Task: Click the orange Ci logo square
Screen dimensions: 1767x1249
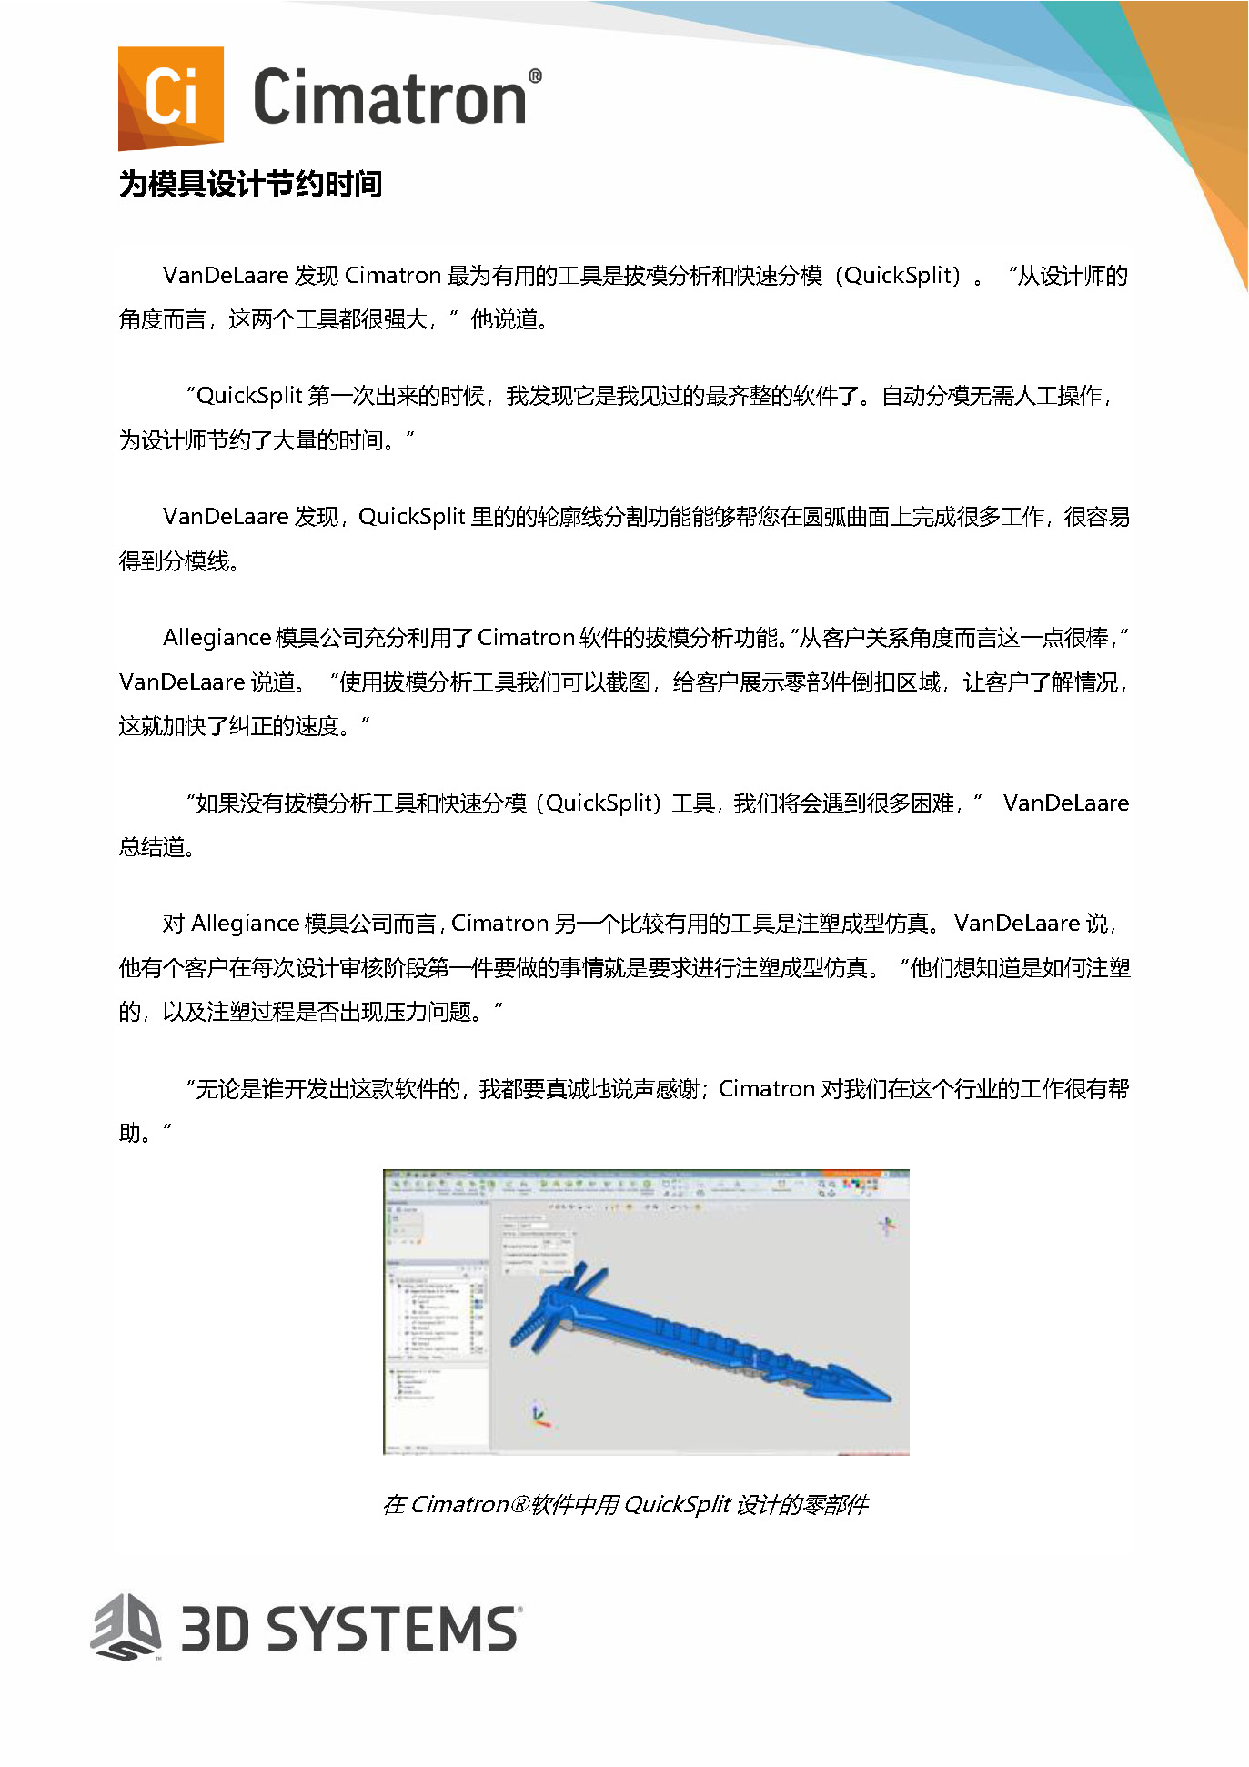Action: pyautogui.click(x=171, y=98)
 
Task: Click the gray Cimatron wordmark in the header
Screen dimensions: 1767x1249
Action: pyautogui.click(x=389, y=98)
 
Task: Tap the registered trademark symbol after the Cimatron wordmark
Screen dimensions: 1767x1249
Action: pyautogui.click(x=535, y=76)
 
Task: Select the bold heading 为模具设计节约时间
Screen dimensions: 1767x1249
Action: pyautogui.click(x=250, y=185)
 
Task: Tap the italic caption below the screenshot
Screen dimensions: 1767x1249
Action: pyautogui.click(x=625, y=1504)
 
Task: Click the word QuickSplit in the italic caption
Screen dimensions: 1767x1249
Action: pyautogui.click(x=677, y=1504)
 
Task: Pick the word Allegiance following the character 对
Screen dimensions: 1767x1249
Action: pyautogui.click(x=245, y=924)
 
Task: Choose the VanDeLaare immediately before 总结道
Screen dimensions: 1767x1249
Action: pyautogui.click(x=1065, y=803)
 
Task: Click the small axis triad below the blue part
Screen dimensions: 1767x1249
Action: pyautogui.click(x=540, y=1415)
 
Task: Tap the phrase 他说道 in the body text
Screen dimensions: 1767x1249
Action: pyautogui.click(x=503, y=320)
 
